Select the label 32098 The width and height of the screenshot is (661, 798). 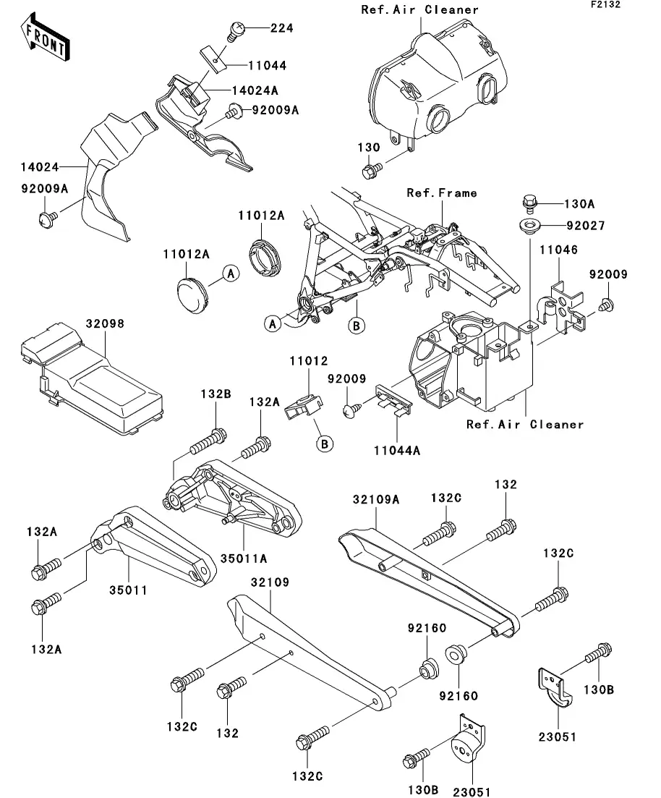pyautogui.click(x=106, y=325)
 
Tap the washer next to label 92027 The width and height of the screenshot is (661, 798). pyautogui.click(x=529, y=226)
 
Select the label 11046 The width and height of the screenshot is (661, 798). pyautogui.click(x=558, y=250)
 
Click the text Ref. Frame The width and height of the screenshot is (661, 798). pyautogui.click(x=441, y=193)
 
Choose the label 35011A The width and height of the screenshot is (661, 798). pyautogui.click(x=248, y=559)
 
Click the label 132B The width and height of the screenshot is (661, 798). pyautogui.click(x=216, y=394)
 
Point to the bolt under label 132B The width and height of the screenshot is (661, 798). pyautogui.click(x=210, y=441)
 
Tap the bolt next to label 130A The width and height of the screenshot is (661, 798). pyautogui.click(x=529, y=200)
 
